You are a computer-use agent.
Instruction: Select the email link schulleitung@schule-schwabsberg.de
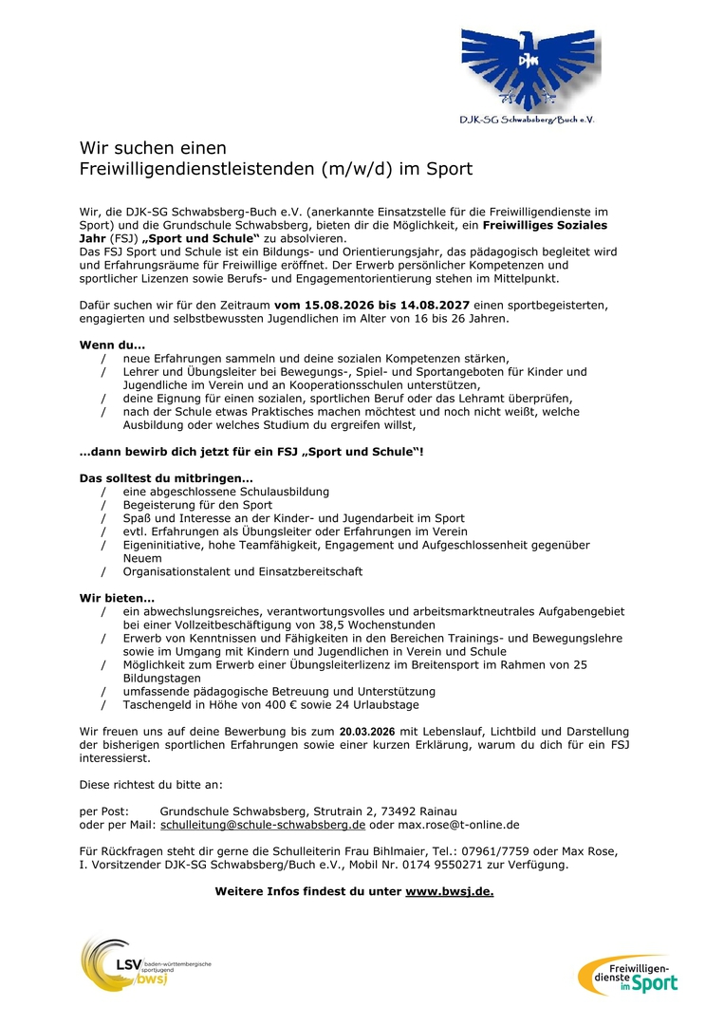263,826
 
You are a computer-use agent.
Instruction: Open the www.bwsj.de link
450,891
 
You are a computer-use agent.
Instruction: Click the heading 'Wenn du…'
112,345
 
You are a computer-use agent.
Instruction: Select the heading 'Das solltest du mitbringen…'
165,477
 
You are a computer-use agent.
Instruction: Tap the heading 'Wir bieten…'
116,598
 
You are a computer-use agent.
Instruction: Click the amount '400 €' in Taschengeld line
252,705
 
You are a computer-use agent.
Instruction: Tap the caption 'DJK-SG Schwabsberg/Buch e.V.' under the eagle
527,120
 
